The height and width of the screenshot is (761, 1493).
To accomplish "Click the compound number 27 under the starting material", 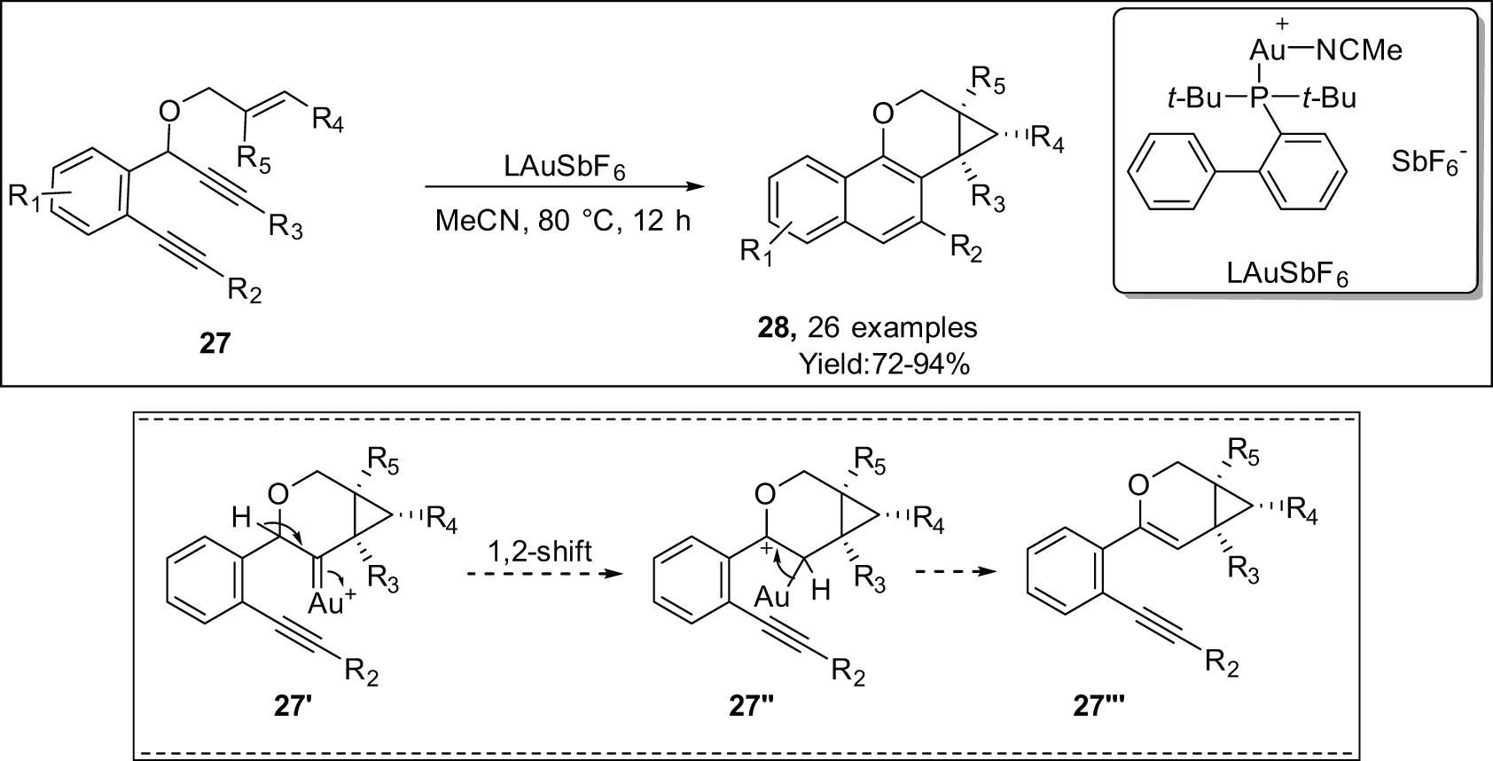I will [215, 342].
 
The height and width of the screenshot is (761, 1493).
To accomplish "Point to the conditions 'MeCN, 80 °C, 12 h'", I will [563, 220].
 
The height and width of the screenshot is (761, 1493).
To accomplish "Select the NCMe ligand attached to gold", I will [1359, 51].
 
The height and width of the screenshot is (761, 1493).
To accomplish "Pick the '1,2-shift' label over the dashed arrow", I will [541, 552].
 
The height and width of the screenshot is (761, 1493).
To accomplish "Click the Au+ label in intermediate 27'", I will [332, 604].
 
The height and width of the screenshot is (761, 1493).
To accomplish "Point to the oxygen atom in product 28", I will [882, 114].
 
